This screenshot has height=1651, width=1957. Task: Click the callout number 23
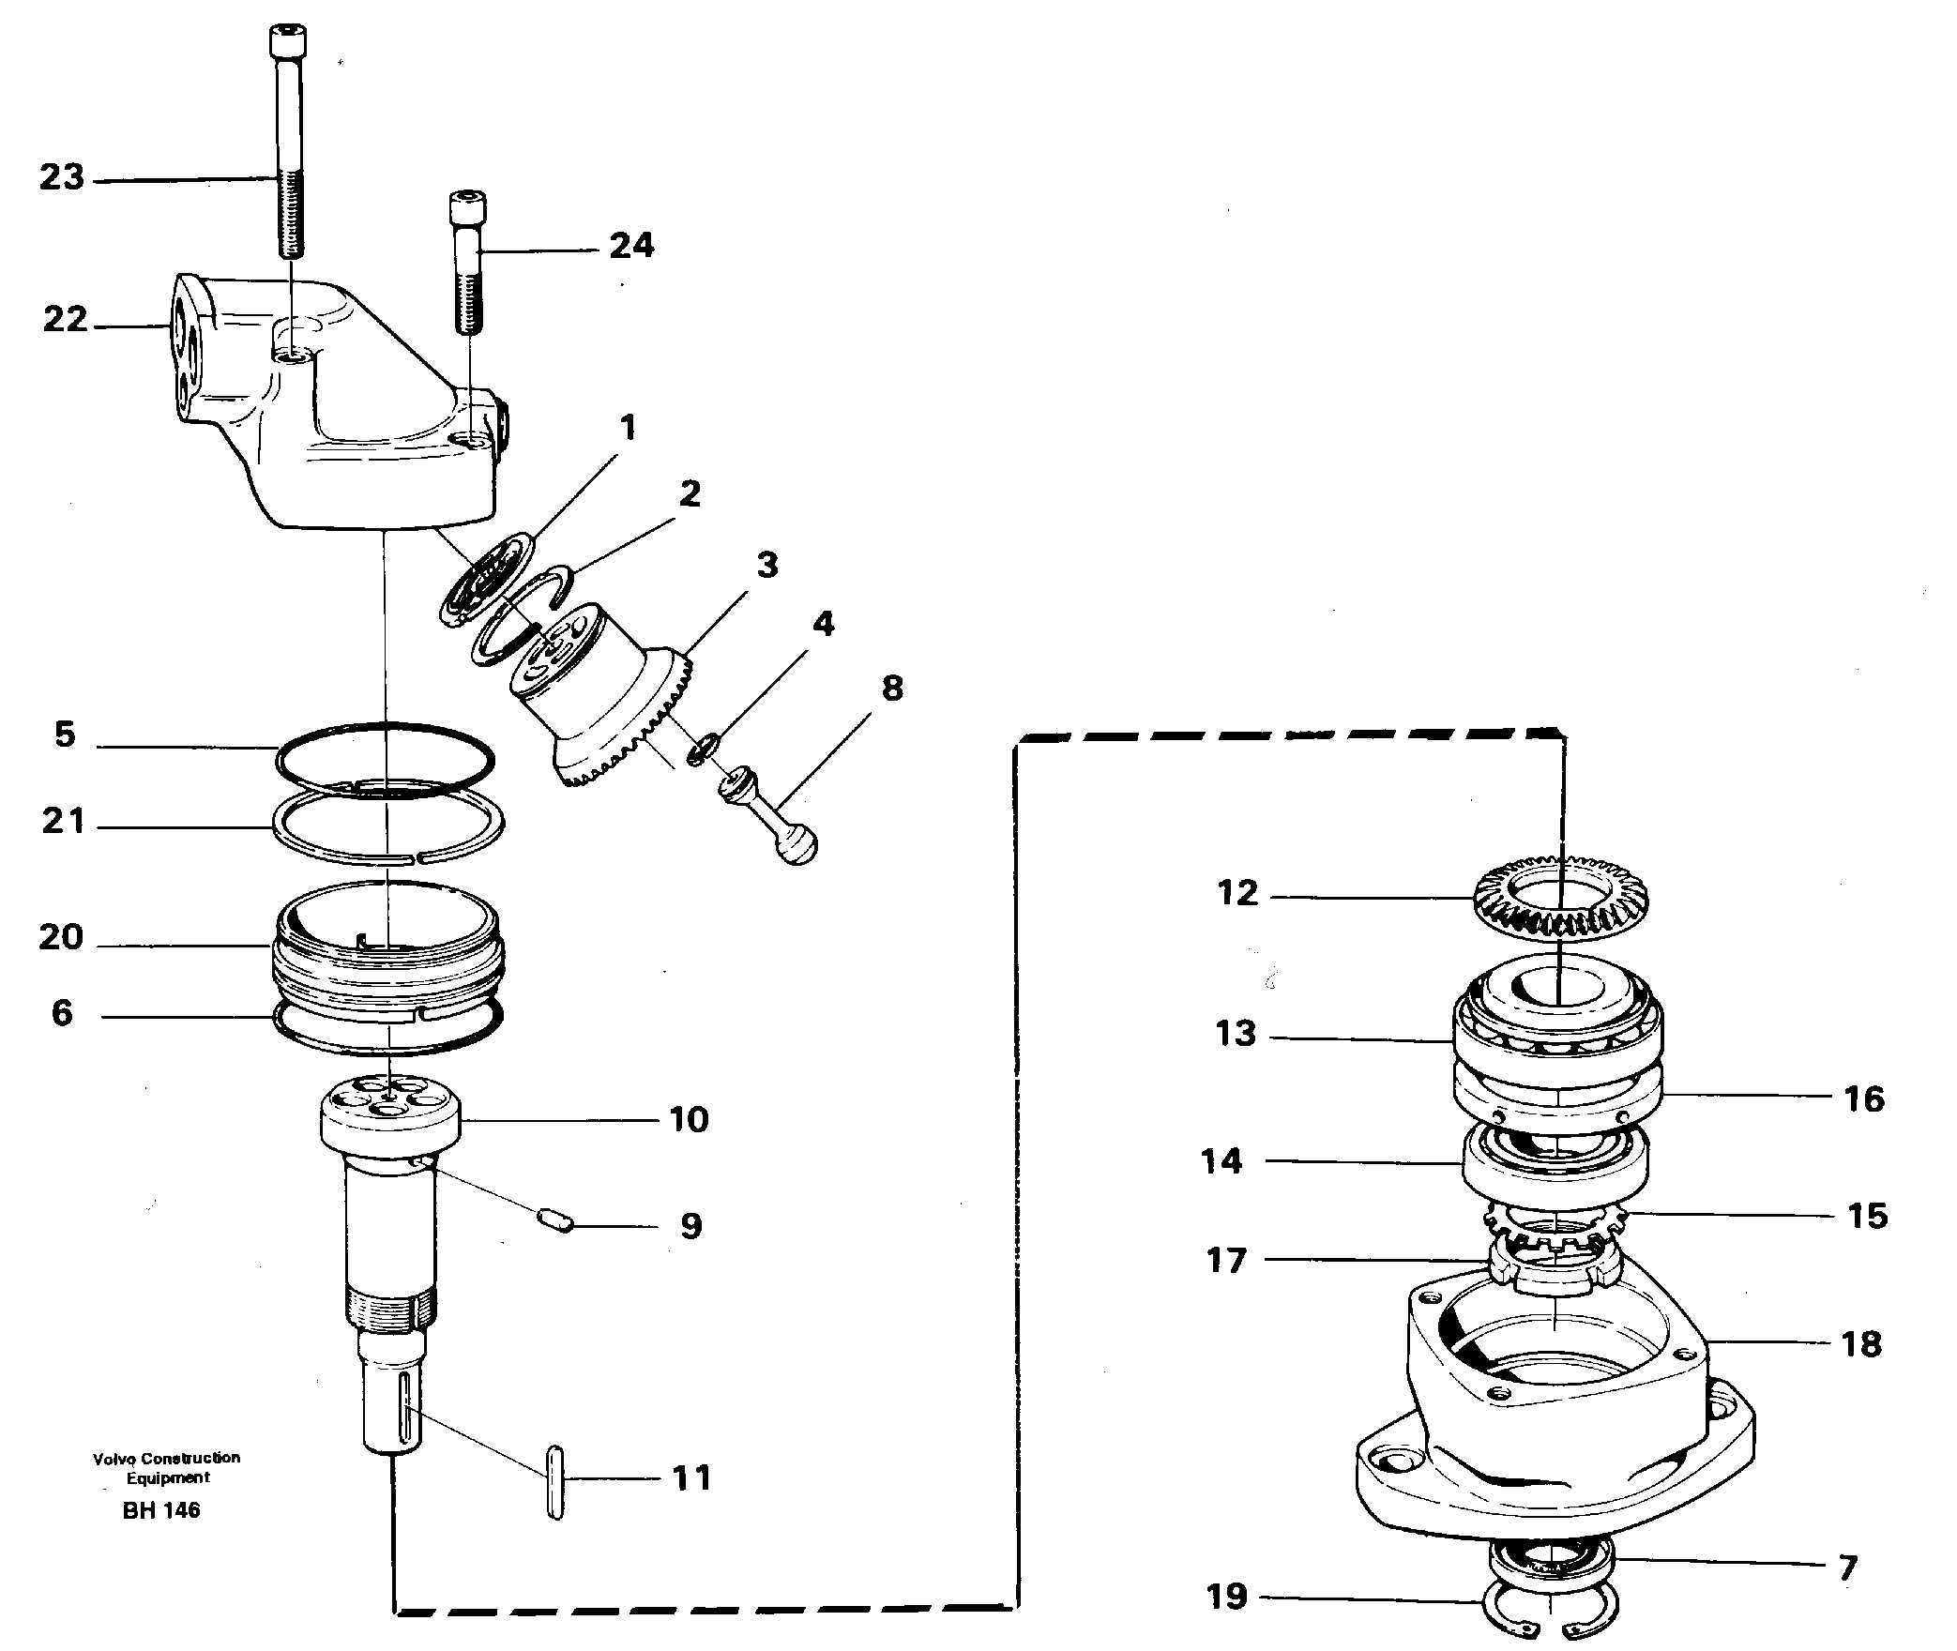[62, 177]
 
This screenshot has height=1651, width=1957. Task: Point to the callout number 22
[65, 320]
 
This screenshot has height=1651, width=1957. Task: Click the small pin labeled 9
[556, 1219]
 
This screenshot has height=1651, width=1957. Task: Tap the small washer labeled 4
[701, 750]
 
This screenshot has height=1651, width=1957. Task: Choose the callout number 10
[690, 1119]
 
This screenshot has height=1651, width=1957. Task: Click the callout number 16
[1863, 1098]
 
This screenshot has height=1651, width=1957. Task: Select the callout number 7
[1847, 1568]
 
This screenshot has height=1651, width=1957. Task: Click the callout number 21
[63, 822]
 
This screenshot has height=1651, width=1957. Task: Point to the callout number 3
[766, 566]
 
